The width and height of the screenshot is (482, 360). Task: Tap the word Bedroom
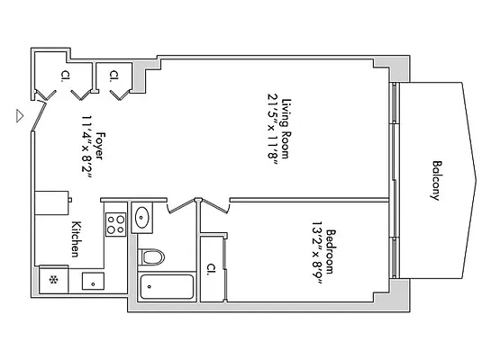click(332, 251)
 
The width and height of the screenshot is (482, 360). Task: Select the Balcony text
click(436, 180)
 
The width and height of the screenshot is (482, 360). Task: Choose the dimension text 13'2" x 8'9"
click(318, 251)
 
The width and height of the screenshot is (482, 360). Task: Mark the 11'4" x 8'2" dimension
click(86, 146)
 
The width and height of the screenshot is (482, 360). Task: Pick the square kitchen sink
click(91, 281)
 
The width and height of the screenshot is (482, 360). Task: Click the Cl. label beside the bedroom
click(210, 267)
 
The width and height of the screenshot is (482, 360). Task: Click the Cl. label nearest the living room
click(114, 76)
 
